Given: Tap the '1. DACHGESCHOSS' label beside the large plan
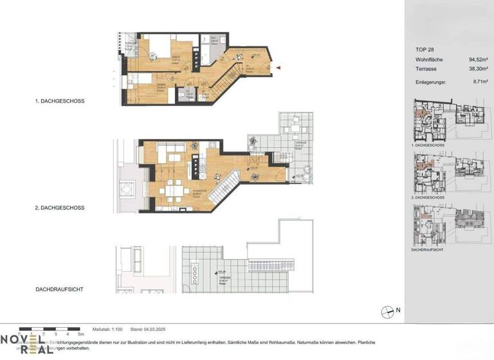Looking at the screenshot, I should pos(61,101).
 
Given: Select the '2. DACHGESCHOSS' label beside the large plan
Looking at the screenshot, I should pos(61,208).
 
